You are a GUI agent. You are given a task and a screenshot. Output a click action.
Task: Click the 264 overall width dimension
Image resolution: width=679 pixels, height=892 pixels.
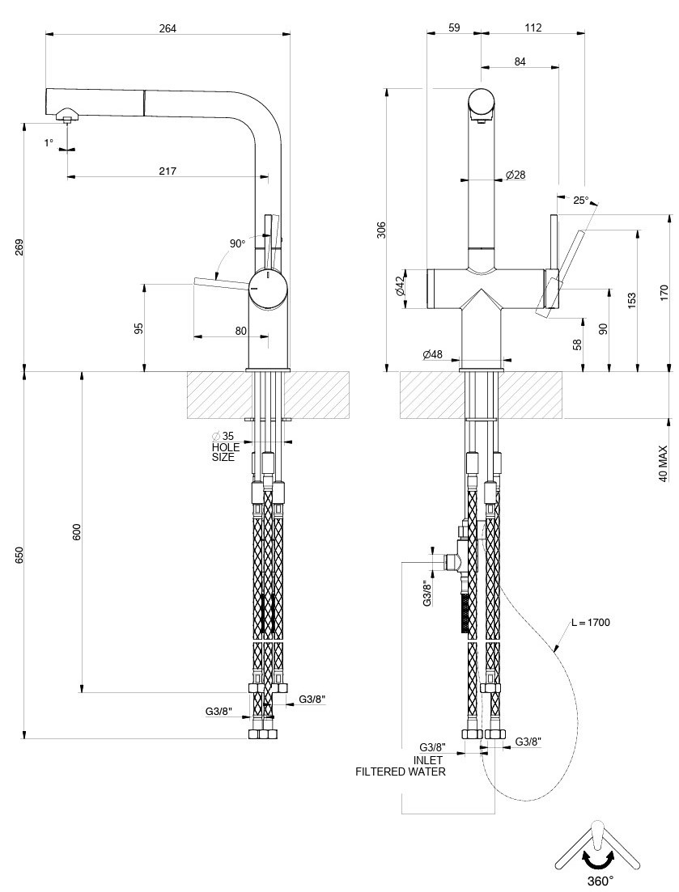(168, 28)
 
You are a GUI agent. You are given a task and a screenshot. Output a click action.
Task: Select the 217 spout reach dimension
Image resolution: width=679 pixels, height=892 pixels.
(168, 171)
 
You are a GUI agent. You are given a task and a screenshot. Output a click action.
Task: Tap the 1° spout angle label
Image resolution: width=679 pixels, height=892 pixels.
(49, 142)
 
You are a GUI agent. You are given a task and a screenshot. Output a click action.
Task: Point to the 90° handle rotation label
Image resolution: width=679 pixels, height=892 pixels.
(237, 243)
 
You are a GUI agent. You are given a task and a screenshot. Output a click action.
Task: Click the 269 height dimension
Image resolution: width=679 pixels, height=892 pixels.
(19, 247)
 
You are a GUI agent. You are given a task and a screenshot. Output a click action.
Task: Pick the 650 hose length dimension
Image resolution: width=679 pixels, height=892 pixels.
(19, 556)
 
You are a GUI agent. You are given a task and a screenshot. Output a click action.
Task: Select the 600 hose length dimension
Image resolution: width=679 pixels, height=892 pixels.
(77, 532)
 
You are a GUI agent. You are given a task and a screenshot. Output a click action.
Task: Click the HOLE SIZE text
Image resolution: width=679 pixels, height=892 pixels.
(223, 452)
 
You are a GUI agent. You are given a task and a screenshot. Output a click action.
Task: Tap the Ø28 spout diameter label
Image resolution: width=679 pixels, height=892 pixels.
(515, 175)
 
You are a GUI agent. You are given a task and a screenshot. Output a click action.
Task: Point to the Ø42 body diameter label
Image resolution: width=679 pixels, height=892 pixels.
(399, 286)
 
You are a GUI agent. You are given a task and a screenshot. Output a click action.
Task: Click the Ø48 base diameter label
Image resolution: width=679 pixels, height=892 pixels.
(432, 354)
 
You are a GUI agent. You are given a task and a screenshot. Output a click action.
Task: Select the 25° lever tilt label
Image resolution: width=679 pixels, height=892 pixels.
(581, 200)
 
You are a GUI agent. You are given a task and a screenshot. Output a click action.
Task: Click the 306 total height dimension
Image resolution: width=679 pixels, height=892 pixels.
(381, 230)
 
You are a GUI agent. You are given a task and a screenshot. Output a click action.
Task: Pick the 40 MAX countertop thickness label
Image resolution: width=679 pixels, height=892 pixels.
(664, 463)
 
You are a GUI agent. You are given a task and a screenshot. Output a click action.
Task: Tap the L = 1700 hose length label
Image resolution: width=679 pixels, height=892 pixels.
(590, 623)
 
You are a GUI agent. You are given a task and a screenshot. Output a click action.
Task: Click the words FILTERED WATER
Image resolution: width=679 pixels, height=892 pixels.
(401, 772)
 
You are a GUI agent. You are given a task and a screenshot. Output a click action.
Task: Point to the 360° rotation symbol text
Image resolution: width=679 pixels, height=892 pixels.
(600, 880)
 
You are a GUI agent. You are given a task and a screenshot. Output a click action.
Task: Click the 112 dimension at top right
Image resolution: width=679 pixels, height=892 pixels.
(532, 27)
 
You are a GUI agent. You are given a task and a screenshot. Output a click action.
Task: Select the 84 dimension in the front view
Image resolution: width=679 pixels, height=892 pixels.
(519, 61)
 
